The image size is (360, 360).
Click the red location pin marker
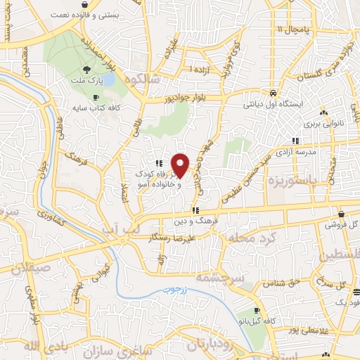click(181, 165)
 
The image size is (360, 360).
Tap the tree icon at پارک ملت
click(86, 69)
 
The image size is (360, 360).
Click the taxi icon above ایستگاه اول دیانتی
click(272, 92)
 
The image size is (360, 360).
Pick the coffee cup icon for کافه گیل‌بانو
click(257, 310)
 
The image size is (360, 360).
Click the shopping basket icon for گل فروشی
click(341, 214)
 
